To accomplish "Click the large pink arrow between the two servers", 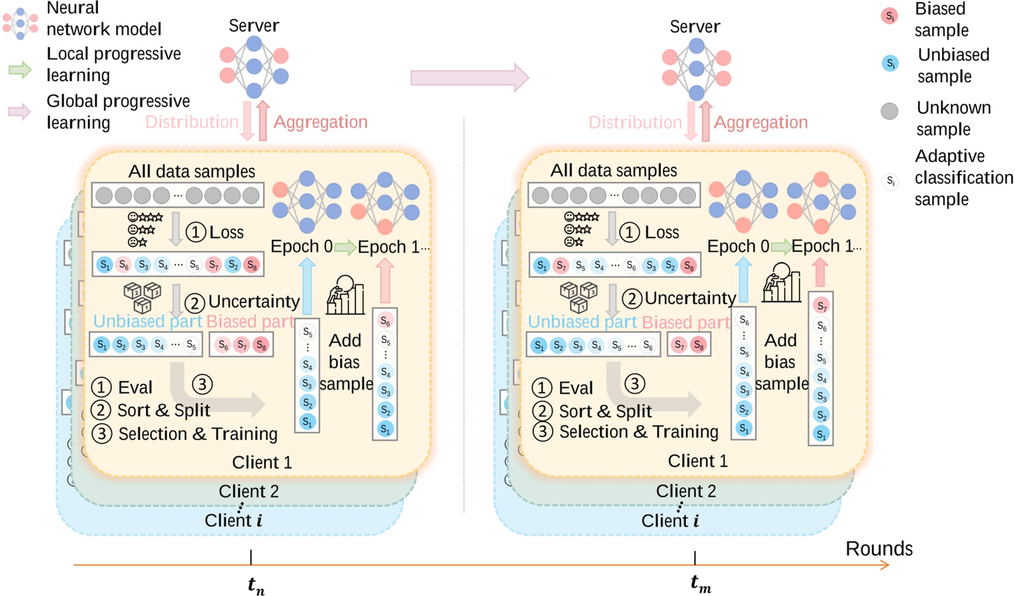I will pos(469,77).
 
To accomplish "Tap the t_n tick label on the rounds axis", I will pos(256,585).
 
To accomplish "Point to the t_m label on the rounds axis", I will pos(700,583).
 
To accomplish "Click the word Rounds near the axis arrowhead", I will pos(879,549).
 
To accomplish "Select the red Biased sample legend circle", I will pos(889,16).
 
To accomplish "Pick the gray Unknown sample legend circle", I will pos(889,111).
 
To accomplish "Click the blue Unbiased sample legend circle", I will pos(889,63).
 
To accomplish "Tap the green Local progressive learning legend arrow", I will pos(20,70).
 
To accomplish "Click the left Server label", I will pos(253,26).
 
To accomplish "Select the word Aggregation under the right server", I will pos(761,122).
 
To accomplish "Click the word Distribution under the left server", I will pos(192,122).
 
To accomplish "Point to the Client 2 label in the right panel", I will pos(686,491).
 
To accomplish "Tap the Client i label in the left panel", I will pos(233,520).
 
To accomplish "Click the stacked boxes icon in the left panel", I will pos(143,296).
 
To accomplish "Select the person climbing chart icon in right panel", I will pos(782,283).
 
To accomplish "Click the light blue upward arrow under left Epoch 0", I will pos(307,287).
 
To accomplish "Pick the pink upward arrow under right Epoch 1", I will pos(820,272).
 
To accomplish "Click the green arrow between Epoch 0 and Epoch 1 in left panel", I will pos(345,247).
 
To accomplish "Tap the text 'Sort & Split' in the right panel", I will pos(605,411).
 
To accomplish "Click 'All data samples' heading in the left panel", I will pos(192,171).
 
